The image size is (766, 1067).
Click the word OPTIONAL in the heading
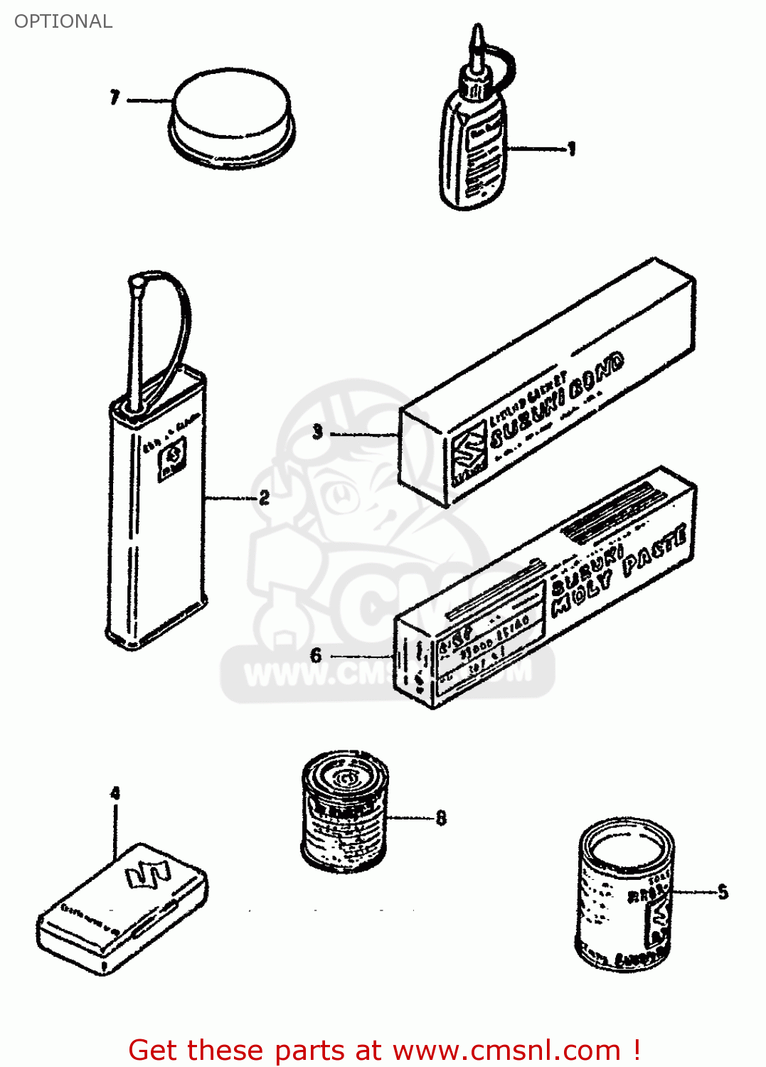point(63,21)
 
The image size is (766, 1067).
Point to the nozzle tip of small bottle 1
point(477,32)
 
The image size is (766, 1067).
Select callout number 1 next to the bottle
point(571,149)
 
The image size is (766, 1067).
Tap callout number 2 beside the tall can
point(264,497)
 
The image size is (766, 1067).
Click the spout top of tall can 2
point(137,283)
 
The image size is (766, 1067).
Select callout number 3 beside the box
point(317,432)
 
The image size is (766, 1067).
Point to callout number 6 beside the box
point(316,655)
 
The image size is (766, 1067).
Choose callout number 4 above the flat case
point(115,793)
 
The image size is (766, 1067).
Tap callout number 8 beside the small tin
point(441,818)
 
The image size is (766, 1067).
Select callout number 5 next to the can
point(723,892)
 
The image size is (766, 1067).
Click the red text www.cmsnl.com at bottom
point(506,1050)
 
